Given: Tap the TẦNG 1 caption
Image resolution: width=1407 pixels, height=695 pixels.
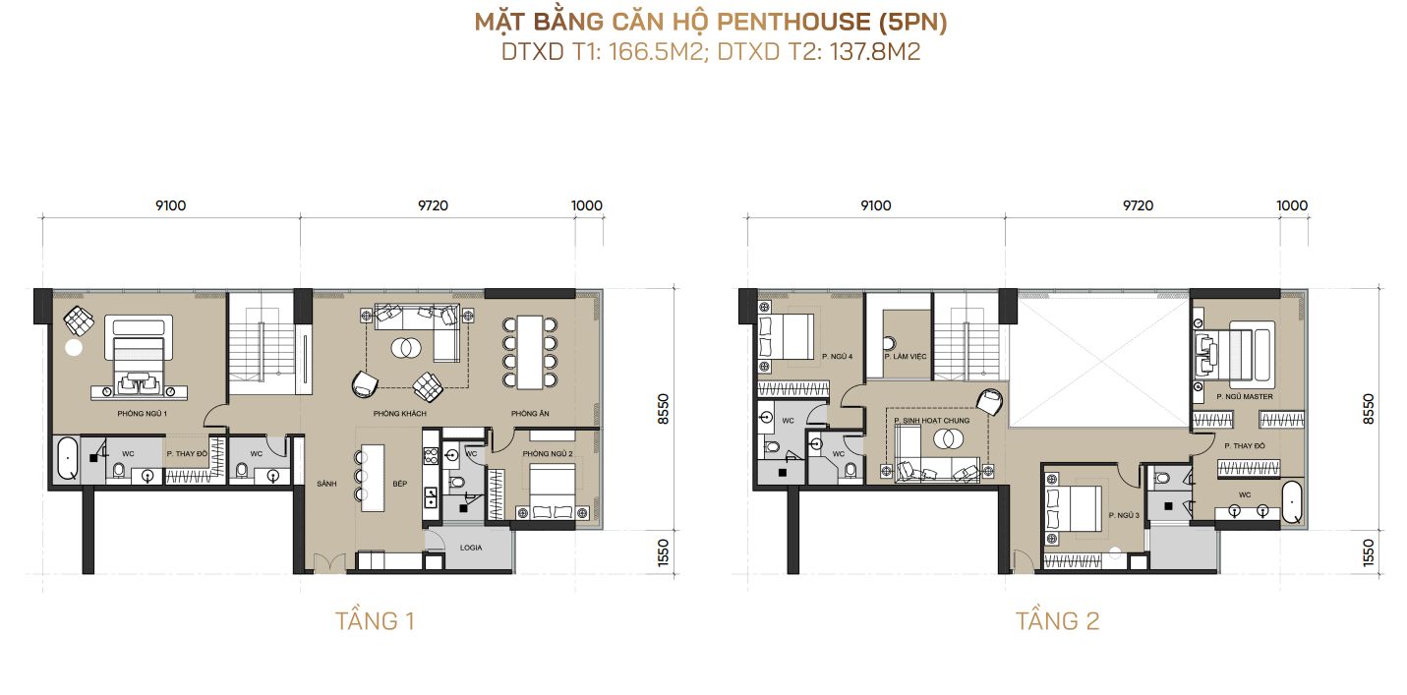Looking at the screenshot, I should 375,621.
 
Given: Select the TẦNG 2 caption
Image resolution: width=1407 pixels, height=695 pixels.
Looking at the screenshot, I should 1057,621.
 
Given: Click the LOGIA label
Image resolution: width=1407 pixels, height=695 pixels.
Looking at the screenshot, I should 472,547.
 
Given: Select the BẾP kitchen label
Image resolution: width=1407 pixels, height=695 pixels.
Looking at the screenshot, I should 372,485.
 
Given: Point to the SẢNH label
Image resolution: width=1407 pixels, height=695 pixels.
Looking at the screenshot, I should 326,485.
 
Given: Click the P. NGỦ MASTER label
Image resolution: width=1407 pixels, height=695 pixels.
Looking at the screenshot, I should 1244,396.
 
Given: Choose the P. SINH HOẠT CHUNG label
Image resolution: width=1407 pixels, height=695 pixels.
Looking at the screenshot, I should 932,421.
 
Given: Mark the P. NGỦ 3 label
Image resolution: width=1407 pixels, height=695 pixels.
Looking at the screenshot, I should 1123,515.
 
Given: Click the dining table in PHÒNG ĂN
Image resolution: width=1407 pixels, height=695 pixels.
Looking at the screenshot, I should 529,351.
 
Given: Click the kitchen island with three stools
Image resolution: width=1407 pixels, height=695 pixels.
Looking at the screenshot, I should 375,477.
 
